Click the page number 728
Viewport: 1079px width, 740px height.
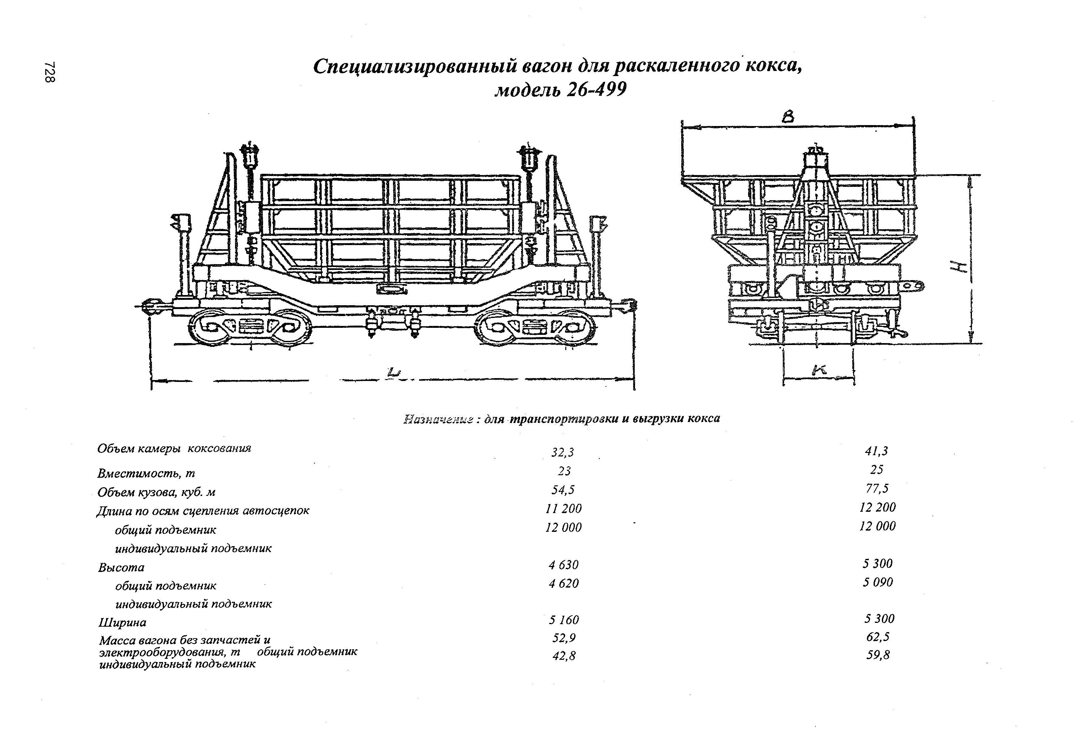pyautogui.click(x=50, y=72)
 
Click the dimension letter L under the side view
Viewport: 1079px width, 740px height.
pyautogui.click(x=394, y=372)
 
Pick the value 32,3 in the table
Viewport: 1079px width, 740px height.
pyautogui.click(x=563, y=452)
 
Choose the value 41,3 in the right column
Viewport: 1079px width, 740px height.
pyautogui.click(x=876, y=450)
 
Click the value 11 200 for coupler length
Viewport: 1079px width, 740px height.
pyautogui.click(x=563, y=509)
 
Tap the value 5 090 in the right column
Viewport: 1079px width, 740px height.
pyautogui.click(x=877, y=582)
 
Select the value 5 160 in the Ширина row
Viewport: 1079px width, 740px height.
pyautogui.click(x=564, y=620)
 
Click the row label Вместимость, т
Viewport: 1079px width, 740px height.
pyautogui.click(x=146, y=473)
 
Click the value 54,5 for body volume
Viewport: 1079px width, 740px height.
pyautogui.click(x=563, y=490)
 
